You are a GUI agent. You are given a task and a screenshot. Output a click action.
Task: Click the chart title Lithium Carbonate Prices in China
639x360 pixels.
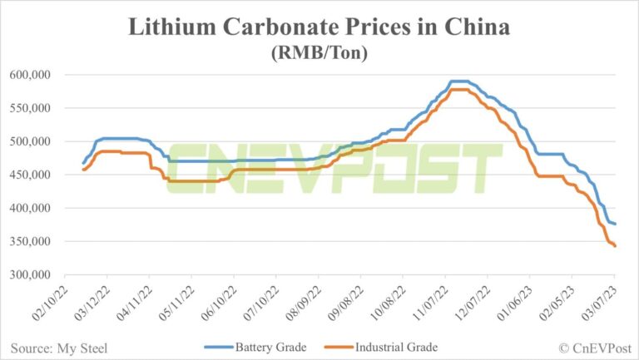(319, 27)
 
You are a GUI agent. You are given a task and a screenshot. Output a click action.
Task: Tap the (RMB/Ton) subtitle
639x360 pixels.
(319, 52)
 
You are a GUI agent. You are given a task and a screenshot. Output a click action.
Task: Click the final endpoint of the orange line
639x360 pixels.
(615, 246)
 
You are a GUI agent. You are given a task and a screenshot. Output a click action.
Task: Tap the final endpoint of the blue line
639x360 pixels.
(615, 224)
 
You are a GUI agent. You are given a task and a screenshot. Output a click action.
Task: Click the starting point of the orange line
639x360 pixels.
(82, 170)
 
